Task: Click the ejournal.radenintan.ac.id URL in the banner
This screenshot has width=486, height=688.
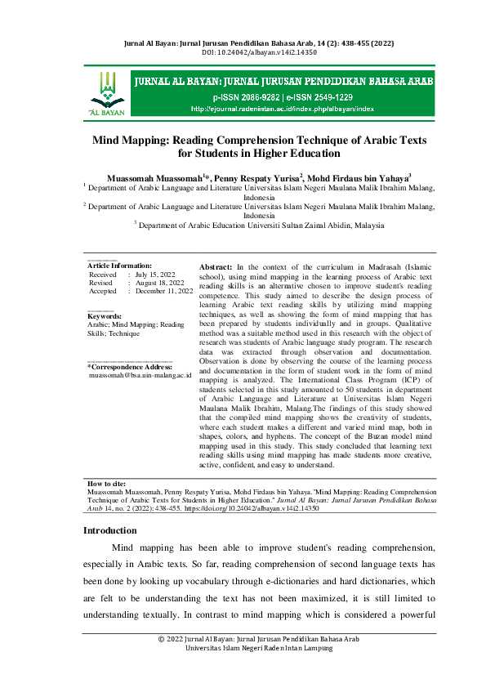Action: (x=283, y=108)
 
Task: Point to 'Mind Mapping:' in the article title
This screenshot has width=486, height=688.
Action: (x=131, y=141)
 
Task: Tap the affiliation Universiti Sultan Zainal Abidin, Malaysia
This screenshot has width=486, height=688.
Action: (x=305, y=224)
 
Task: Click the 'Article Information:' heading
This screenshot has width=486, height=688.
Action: (x=119, y=266)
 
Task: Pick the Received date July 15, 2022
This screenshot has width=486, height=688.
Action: (x=155, y=275)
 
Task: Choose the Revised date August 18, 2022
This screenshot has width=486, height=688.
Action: (x=158, y=283)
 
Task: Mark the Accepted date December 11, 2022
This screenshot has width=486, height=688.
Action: (x=164, y=291)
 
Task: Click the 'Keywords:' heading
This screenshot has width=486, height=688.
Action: (x=104, y=316)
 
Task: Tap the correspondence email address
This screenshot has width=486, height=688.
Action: (x=140, y=376)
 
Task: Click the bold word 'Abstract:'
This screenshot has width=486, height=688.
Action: (x=216, y=266)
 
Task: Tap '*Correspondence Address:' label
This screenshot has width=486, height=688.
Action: (x=129, y=367)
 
